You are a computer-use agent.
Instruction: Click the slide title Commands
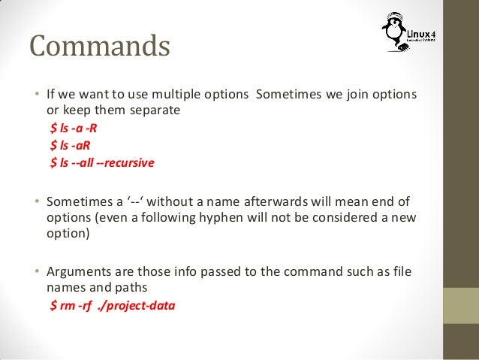click(x=100, y=47)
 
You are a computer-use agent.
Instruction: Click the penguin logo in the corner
click(x=393, y=35)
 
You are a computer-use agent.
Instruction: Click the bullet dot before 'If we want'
click(x=35, y=95)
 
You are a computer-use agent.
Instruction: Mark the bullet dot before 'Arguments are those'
click(x=35, y=271)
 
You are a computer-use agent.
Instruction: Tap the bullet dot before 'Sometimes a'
click(x=35, y=201)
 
